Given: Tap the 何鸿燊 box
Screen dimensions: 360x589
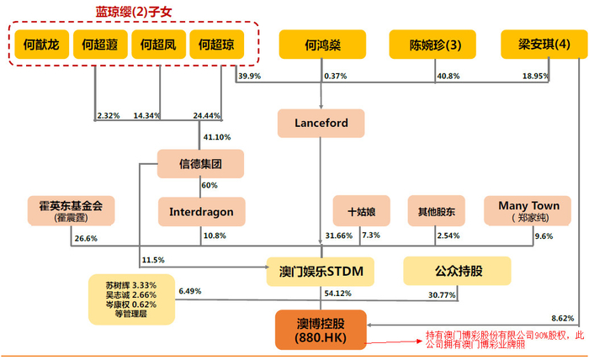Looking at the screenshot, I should pos(323,45).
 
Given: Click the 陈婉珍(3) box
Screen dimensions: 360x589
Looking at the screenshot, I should pos(431,45).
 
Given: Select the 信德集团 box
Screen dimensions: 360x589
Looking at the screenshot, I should pos(200,163).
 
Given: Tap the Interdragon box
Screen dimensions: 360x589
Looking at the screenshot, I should pos(200,211).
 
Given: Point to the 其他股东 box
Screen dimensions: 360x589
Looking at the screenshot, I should pos(436,211).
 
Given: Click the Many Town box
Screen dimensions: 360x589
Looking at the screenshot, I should pos(528,210).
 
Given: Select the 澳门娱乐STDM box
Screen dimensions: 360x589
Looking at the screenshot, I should pos(320,271).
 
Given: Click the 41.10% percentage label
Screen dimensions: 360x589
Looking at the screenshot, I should pos(217,136).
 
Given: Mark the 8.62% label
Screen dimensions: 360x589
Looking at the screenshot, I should pos(562,318).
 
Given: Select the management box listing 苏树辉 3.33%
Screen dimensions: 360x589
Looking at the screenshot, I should pos(132,299).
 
